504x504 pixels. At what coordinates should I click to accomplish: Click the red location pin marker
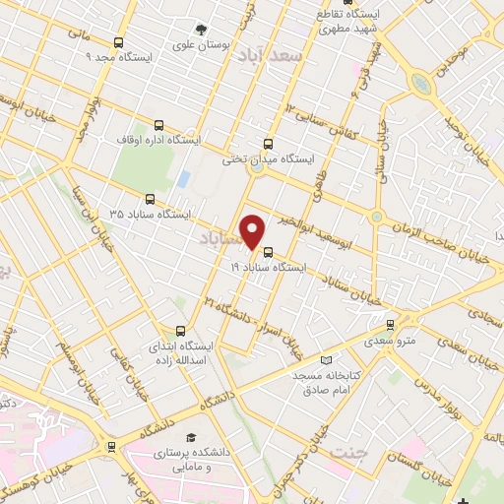click(253, 231)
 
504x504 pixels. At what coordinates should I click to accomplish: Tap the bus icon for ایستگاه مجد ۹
click(119, 42)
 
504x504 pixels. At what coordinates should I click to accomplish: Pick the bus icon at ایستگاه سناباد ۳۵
click(150, 198)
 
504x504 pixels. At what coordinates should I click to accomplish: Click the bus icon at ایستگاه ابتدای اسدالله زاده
click(179, 332)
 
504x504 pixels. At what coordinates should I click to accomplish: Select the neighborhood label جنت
click(346, 453)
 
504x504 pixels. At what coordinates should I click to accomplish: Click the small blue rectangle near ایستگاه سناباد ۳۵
click(184, 179)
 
